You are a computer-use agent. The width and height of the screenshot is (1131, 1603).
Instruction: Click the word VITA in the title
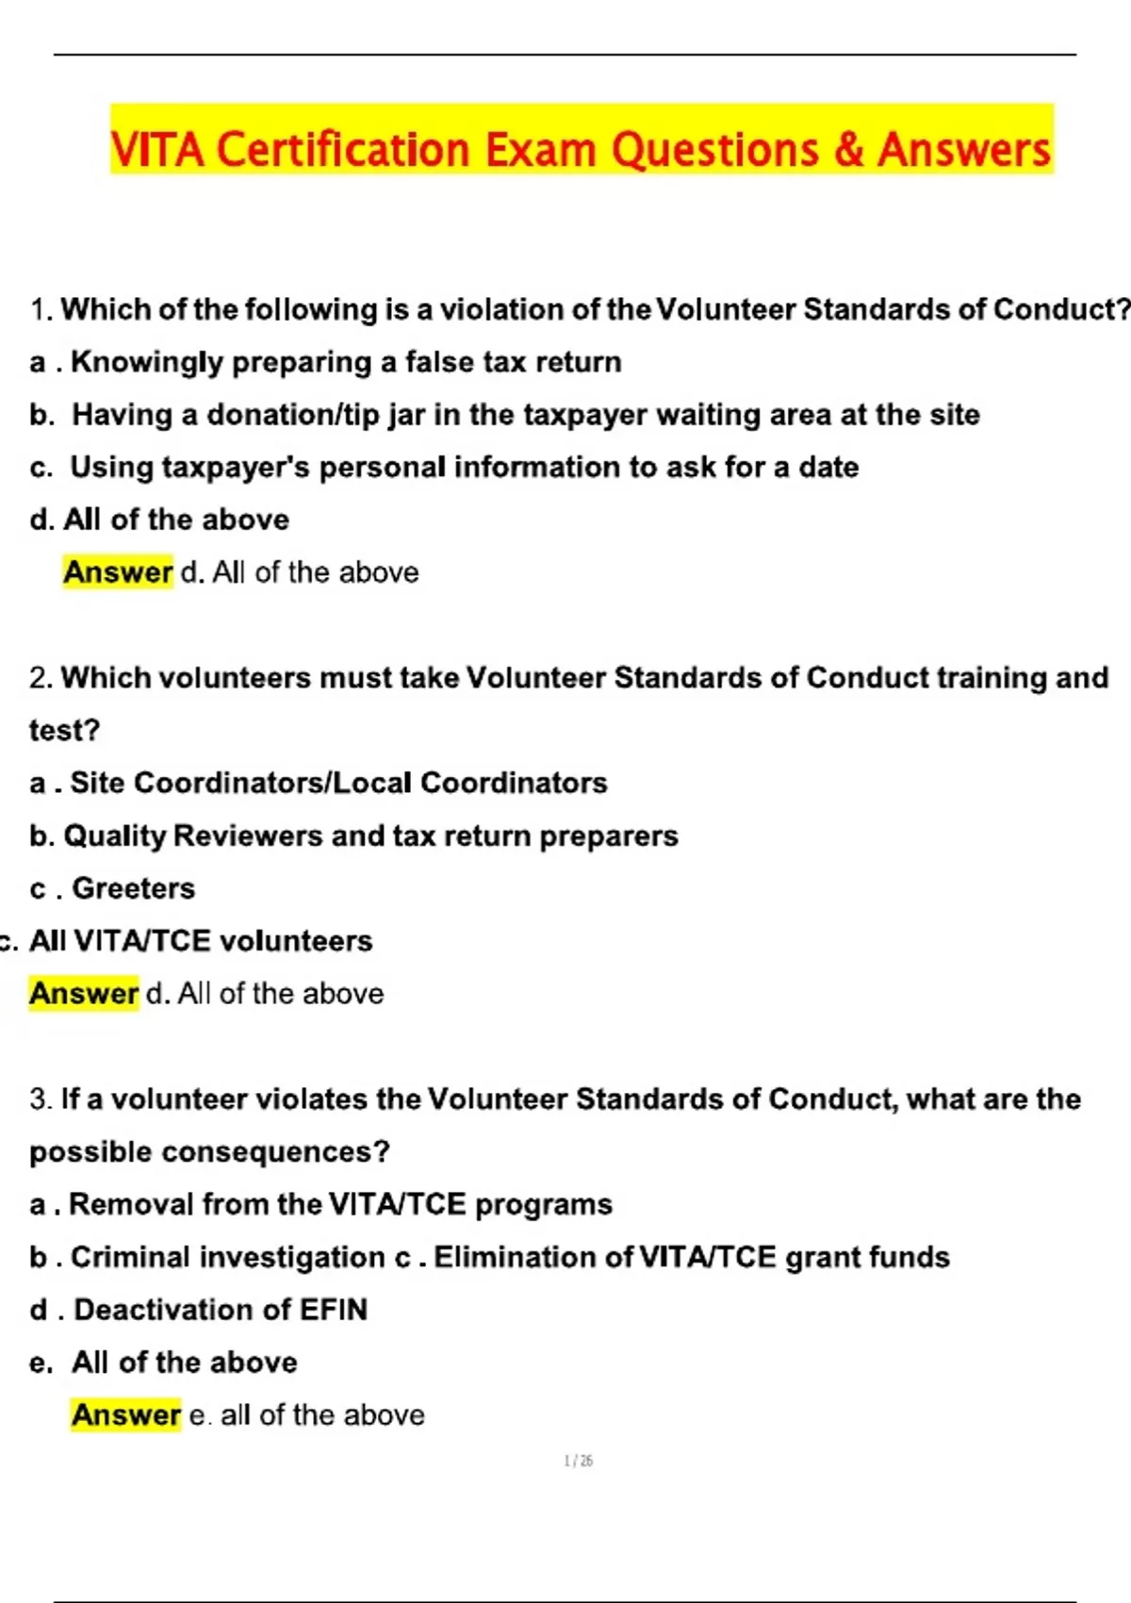pyautogui.click(x=156, y=150)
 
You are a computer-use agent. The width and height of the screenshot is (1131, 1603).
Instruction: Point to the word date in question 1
pyautogui.click(x=828, y=468)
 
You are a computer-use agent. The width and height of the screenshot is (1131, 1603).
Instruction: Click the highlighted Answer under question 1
pyautogui.click(x=118, y=572)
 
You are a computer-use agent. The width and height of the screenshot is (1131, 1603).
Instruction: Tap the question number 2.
pyautogui.click(x=40, y=678)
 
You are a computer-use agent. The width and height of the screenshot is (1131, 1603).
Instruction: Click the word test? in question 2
pyautogui.click(x=64, y=731)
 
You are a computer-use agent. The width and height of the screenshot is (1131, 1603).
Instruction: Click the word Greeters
pyautogui.click(x=134, y=888)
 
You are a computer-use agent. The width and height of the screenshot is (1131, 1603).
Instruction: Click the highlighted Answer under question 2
pyautogui.click(x=84, y=994)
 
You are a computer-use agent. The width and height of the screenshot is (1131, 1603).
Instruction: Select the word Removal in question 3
pyautogui.click(x=131, y=1205)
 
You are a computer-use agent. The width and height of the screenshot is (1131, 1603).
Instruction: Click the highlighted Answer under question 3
pyautogui.click(x=125, y=1415)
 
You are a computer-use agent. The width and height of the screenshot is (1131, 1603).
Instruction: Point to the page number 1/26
pyautogui.click(x=578, y=1462)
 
